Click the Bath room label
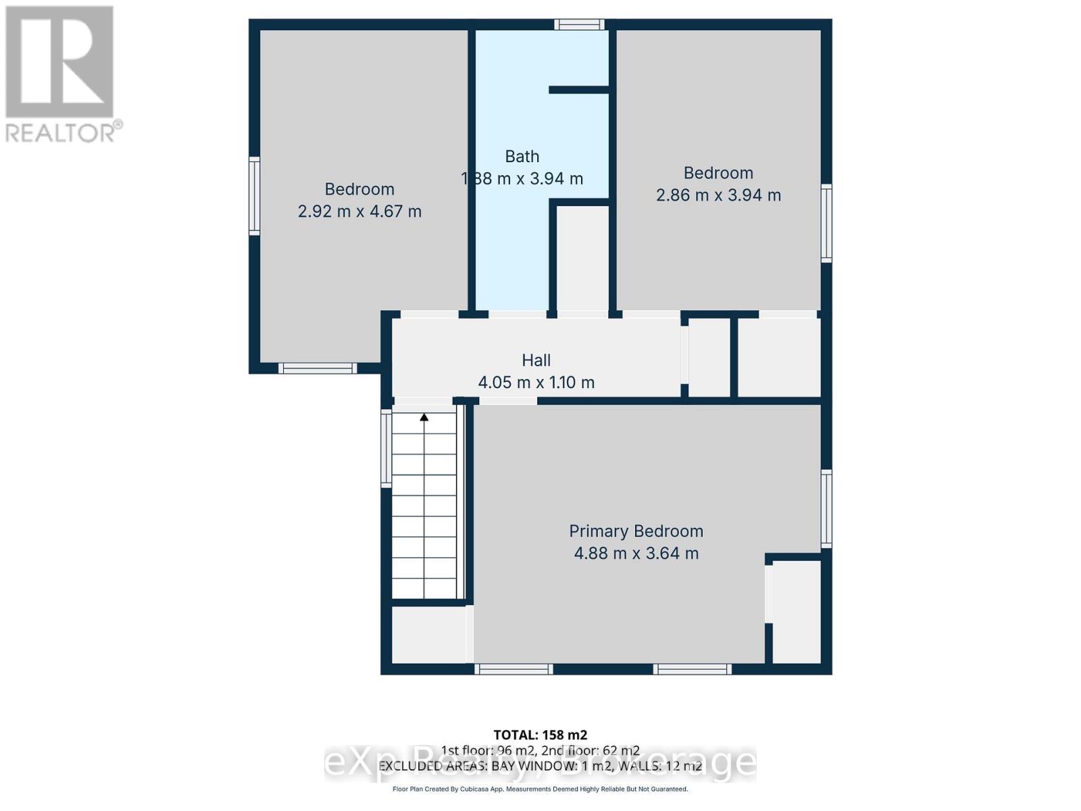[522, 156]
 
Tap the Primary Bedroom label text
[636, 531]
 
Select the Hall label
[536, 360]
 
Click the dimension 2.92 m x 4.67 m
[359, 212]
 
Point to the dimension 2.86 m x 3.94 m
[718, 195]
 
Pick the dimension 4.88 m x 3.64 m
[636, 554]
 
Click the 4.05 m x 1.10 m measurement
[536, 383]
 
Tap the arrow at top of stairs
[424, 418]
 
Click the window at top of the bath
[580, 25]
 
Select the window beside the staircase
[386, 449]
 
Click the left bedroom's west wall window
[255, 196]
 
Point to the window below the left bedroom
[318, 368]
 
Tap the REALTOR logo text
[64, 132]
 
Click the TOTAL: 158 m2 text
[540, 735]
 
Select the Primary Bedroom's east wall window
[826, 508]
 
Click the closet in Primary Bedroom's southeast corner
[797, 612]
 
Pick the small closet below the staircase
[428, 635]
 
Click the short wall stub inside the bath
[579, 90]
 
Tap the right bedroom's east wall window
[826, 223]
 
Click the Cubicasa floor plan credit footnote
[540, 789]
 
